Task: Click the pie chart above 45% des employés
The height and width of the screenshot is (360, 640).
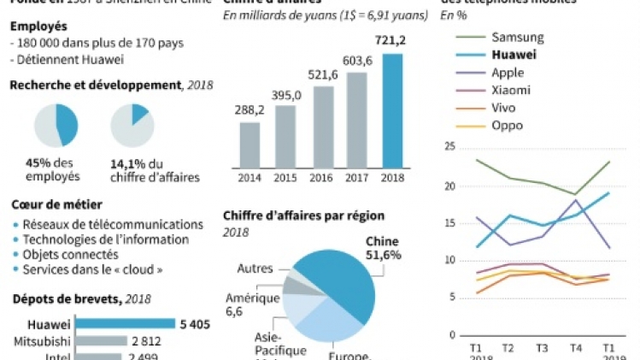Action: click(56, 126)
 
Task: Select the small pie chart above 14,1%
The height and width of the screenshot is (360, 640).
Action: click(132, 126)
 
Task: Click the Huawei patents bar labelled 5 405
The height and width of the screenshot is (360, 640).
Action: click(124, 324)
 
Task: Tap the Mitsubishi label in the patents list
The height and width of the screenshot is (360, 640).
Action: click(39, 340)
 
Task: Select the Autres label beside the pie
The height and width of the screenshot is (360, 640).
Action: click(255, 269)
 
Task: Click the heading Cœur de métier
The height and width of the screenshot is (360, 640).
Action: click(56, 204)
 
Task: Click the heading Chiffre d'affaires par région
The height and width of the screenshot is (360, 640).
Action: click(303, 215)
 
